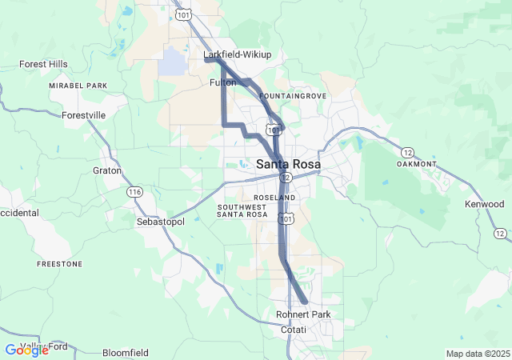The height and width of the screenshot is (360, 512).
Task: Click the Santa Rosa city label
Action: (288, 164)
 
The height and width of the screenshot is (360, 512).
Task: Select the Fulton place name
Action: (222, 82)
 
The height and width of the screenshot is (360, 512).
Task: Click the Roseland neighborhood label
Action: (274, 197)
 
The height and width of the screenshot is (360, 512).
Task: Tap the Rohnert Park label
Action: (303, 314)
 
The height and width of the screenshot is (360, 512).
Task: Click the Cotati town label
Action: (293, 330)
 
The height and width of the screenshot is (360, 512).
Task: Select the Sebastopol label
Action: (161, 222)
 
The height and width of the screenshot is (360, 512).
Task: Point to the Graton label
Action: (106, 170)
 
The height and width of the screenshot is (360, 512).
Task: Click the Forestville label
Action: (84, 115)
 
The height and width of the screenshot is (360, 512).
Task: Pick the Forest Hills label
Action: (43, 64)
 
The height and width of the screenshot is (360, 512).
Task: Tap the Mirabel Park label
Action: (77, 85)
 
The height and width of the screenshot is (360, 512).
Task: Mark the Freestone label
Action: (59, 263)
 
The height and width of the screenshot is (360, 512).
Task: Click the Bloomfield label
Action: (126, 352)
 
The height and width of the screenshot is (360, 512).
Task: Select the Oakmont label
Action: (417, 164)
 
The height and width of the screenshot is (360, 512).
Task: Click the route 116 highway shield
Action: (134, 192)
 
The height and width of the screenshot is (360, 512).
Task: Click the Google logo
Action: (26, 350)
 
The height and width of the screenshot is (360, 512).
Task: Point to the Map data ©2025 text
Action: (477, 354)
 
